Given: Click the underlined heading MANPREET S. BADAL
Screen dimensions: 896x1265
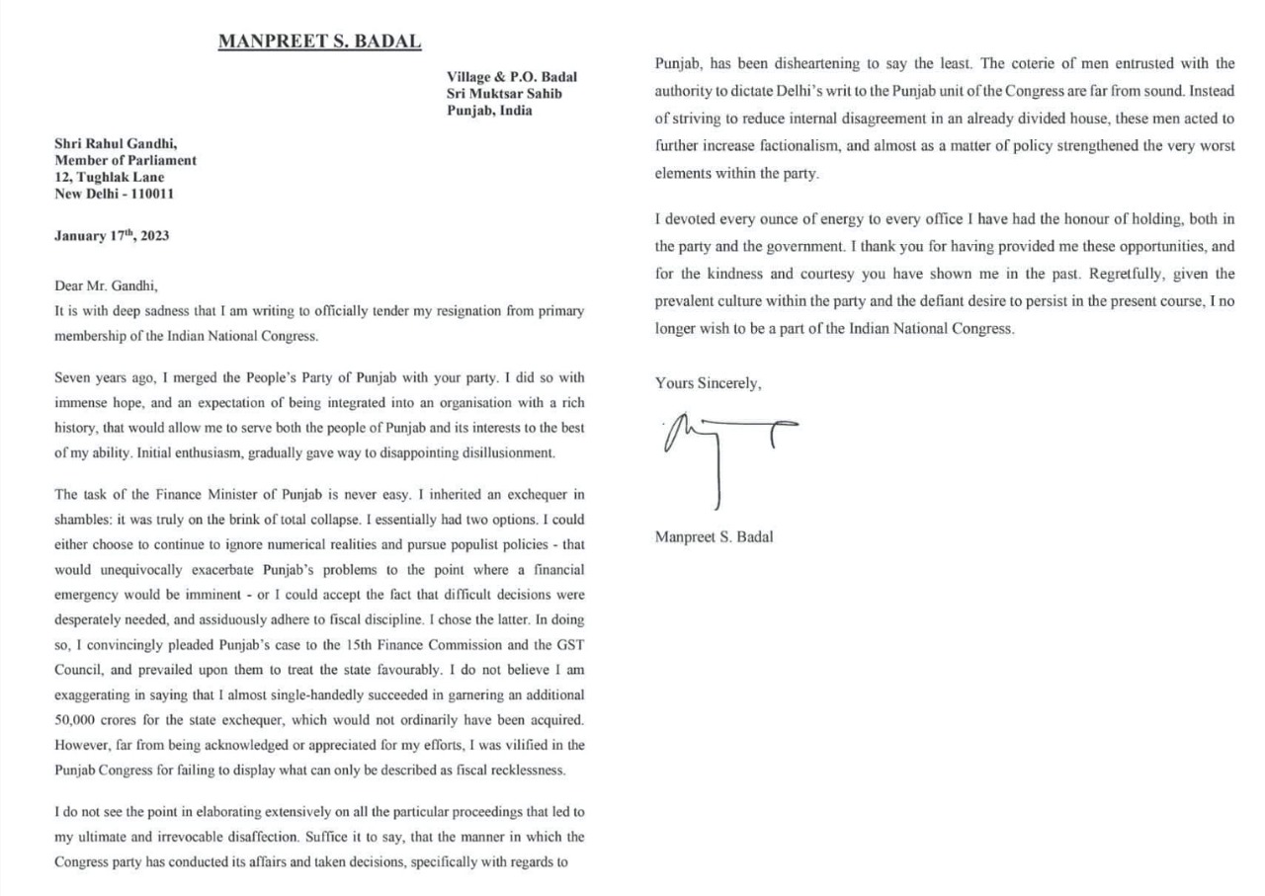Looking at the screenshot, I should [x=319, y=41].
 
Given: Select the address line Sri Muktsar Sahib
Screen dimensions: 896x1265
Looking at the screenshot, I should [x=505, y=94].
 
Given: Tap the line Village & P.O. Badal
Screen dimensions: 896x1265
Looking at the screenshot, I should [x=512, y=77].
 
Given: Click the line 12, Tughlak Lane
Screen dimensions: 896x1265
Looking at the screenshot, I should [x=110, y=177].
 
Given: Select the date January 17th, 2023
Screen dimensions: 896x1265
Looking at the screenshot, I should [x=112, y=236].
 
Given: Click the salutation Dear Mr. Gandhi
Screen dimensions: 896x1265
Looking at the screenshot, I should [x=107, y=286].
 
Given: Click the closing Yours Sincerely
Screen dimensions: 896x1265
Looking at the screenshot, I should [x=708, y=383].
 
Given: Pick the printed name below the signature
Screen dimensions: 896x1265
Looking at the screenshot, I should [x=714, y=537].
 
